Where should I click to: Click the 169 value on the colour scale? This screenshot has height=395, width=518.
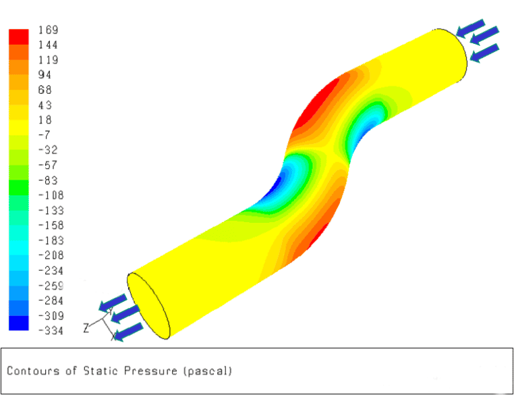tap(49, 30)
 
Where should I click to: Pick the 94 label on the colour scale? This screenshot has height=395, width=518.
tap(45, 75)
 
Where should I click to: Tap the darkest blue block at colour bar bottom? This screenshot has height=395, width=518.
tap(18, 323)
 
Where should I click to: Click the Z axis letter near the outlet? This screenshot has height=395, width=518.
tap(86, 328)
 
